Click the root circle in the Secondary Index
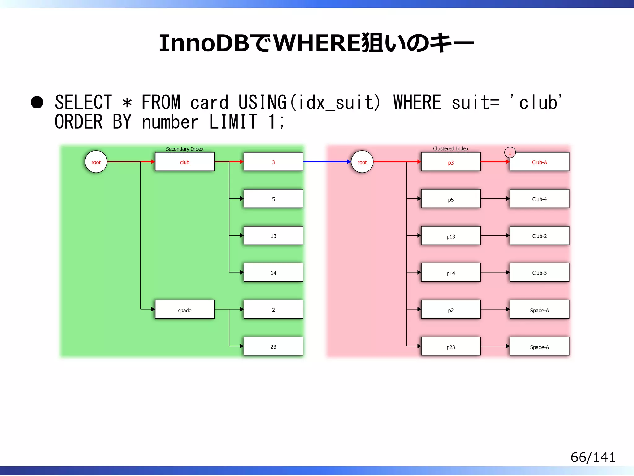[96, 162]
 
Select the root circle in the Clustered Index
[362, 162]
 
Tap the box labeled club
[185, 162]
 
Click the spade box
[185, 310]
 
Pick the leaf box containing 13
[273, 236]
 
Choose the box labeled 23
[273, 346]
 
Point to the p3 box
[450, 162]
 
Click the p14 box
[450, 273]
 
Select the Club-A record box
[539, 162]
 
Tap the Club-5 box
[539, 273]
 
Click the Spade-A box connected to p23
[539, 346]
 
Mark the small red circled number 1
[510, 153]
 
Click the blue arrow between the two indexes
[327, 161]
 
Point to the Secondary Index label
[185, 149]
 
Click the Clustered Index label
[450, 148]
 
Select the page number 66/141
[593, 457]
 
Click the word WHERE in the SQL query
[417, 102]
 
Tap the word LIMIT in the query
[233, 121]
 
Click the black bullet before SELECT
[37, 103]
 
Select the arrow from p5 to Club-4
[495, 199]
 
